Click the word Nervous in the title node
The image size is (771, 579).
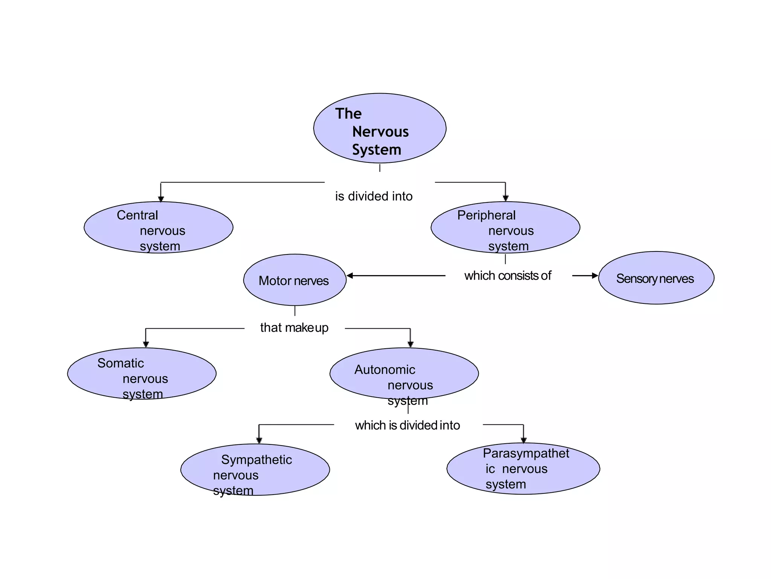(x=380, y=132)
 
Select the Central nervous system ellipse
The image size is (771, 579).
(x=158, y=227)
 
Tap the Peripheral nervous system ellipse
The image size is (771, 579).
(x=505, y=227)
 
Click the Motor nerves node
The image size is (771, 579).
(x=294, y=280)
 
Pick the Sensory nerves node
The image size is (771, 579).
(x=656, y=278)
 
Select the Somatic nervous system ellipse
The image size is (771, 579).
(x=142, y=374)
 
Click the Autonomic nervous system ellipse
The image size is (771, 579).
(x=404, y=374)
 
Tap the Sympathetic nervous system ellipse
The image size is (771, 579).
(x=255, y=470)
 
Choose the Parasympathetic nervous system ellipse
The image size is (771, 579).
(x=523, y=469)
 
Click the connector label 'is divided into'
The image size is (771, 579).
(x=374, y=196)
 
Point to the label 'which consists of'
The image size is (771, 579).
(x=507, y=276)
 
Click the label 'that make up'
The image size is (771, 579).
(x=294, y=328)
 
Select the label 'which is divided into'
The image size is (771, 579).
(x=407, y=425)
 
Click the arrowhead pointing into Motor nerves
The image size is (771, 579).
(x=350, y=276)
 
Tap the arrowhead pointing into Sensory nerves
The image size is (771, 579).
(x=595, y=276)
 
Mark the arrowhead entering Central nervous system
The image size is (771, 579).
(x=161, y=199)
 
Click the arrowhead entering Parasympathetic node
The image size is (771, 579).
(x=523, y=440)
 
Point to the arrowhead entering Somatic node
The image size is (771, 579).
(x=146, y=344)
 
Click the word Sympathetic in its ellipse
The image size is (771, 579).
(x=256, y=460)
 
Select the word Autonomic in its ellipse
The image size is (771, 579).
(x=385, y=370)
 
